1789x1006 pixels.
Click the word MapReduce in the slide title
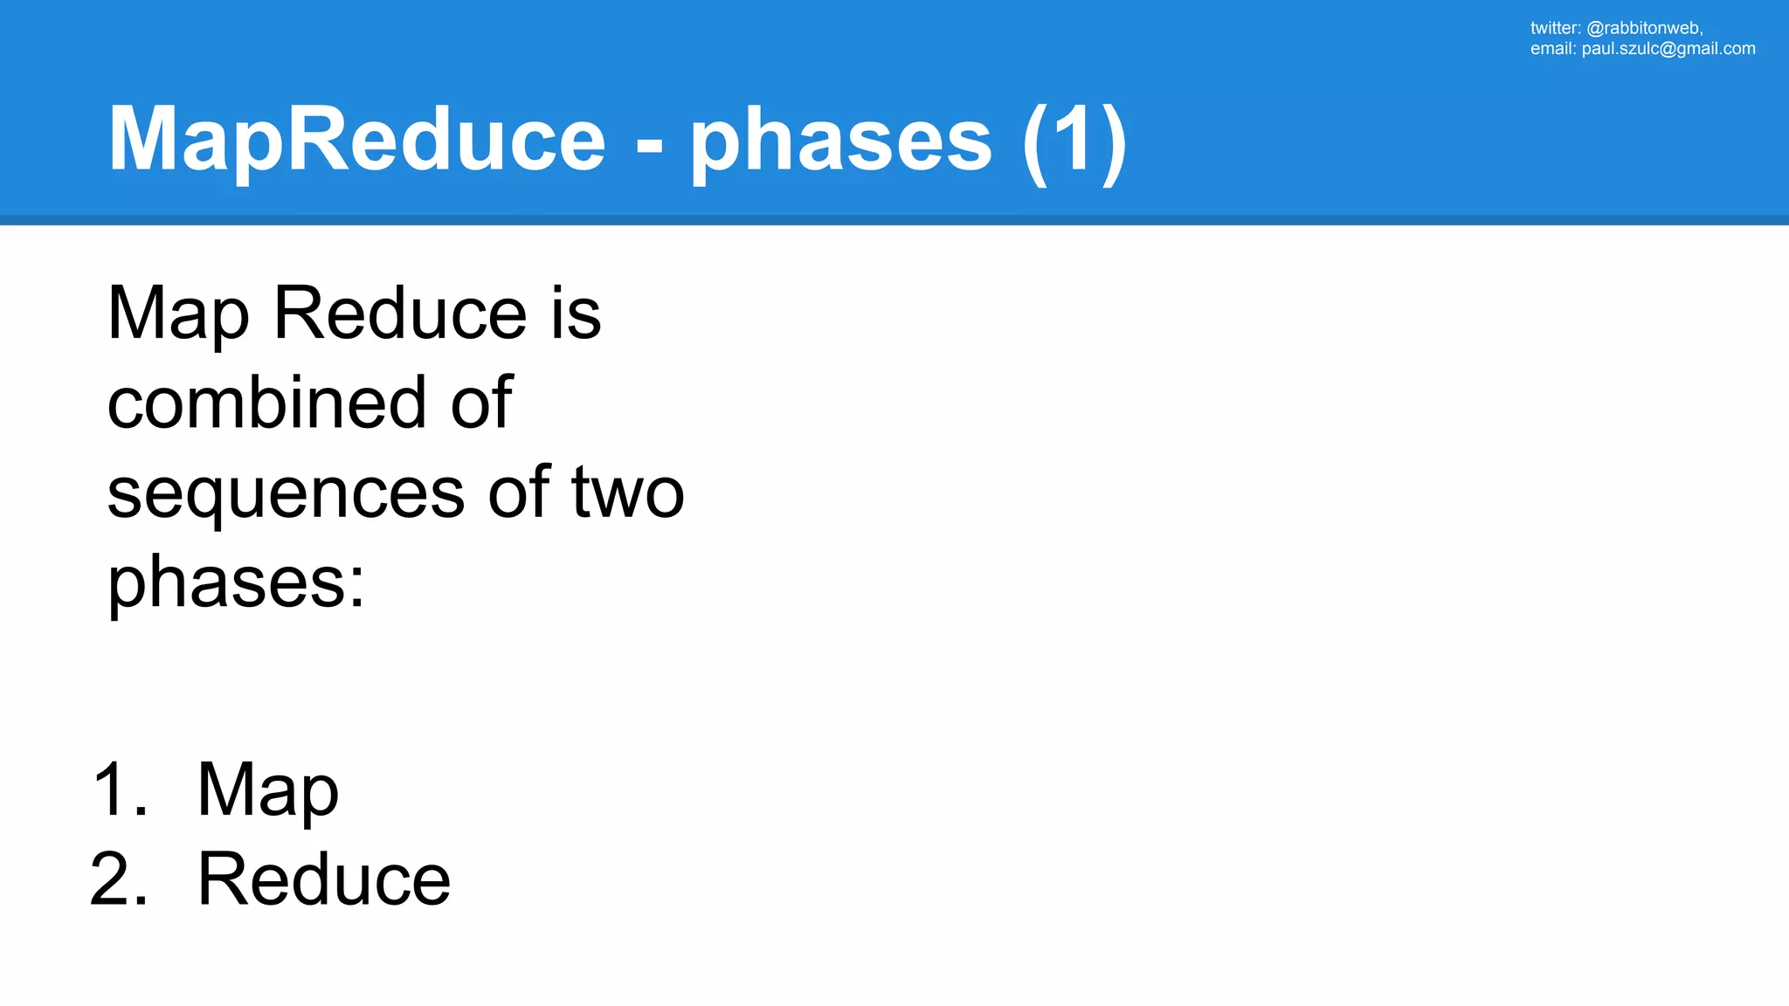pos(356,140)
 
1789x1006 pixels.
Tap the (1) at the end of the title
pos(1074,140)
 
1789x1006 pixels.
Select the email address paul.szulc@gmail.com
pos(1668,49)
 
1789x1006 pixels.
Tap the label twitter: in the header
pos(1555,28)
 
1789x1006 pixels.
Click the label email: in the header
pos(1552,49)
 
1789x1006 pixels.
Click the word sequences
pos(286,493)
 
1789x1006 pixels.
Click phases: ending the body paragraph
pos(236,583)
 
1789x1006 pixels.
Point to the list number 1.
pos(119,789)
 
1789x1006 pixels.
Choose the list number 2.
pos(119,879)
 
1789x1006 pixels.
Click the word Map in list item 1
pos(267,791)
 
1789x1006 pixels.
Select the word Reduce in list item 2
pos(324,879)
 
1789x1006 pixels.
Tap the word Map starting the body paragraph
pos(178,314)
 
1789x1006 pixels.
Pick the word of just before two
pos(519,493)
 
